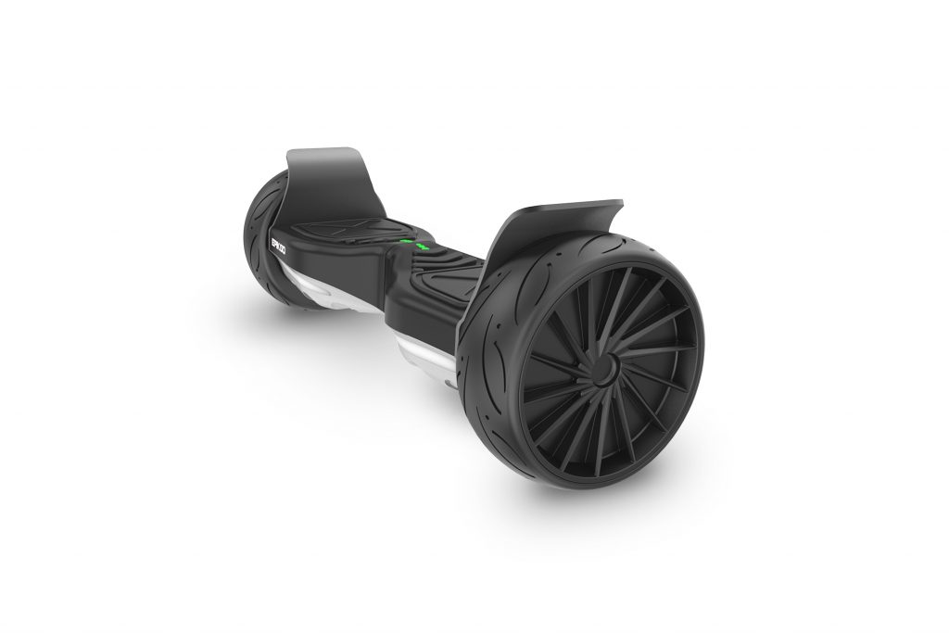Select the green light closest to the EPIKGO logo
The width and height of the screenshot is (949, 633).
403,244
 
